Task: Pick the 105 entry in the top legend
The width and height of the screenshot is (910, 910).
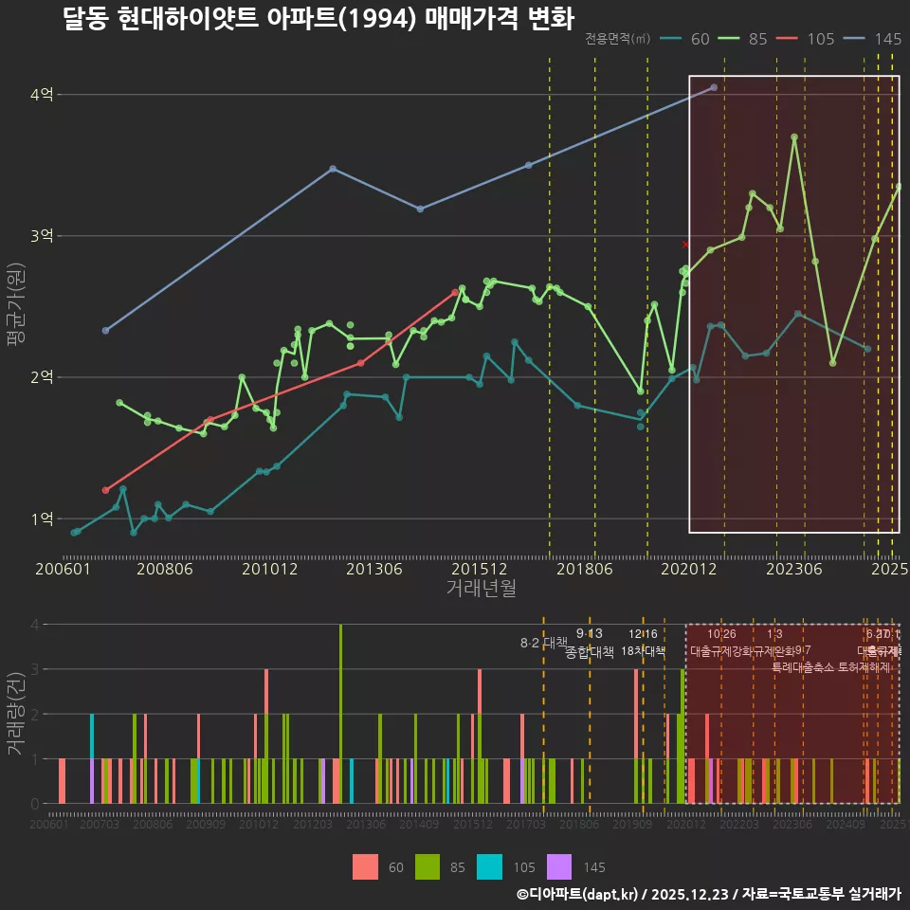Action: (x=820, y=39)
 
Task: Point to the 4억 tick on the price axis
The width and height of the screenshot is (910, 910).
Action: (x=42, y=95)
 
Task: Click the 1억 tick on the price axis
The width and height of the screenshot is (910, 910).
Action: (x=42, y=519)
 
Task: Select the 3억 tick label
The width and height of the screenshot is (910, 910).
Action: (x=42, y=236)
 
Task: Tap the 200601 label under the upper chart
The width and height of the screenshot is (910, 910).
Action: (x=63, y=570)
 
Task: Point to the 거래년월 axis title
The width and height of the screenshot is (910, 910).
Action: (x=481, y=589)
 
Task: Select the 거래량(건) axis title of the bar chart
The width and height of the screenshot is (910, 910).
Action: (x=16, y=713)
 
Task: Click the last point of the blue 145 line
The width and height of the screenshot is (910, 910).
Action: (x=714, y=87)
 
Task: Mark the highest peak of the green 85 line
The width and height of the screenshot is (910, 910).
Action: (x=794, y=137)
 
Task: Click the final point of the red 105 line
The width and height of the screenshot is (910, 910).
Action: (x=455, y=293)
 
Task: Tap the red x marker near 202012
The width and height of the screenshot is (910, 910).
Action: (x=686, y=245)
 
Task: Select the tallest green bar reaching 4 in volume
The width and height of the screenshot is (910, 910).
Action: (x=340, y=714)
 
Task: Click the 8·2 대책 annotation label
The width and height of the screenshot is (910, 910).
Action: (x=543, y=643)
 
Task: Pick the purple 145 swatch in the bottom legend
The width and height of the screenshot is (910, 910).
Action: (x=560, y=866)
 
